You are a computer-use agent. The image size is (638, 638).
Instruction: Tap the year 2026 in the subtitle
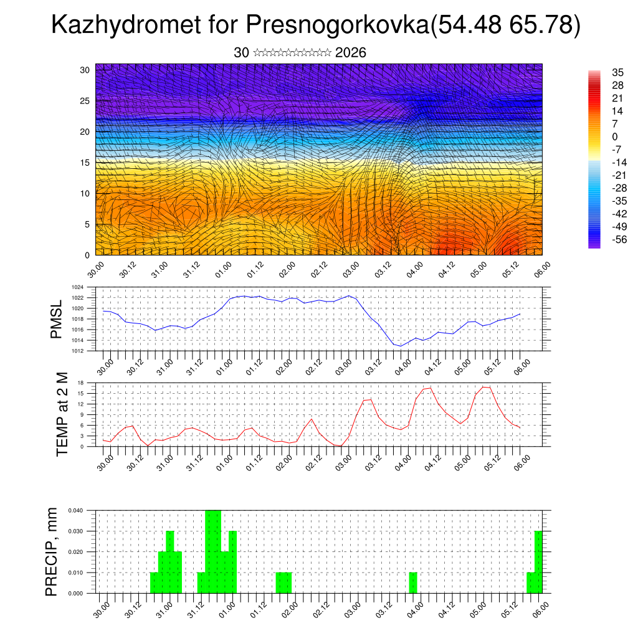coord(350,53)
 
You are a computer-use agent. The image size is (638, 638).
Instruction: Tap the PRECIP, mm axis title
coord(52,551)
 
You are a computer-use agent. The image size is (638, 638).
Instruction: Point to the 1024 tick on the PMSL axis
coord(77,287)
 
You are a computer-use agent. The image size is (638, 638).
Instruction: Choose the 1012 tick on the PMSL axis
coord(77,351)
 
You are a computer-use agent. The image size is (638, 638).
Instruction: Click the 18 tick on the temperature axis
coord(80,383)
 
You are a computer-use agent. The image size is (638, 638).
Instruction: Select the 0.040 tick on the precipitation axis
coord(75,510)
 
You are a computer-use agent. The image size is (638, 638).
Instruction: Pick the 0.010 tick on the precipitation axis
coord(75,573)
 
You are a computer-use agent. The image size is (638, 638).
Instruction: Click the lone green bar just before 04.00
coord(413,583)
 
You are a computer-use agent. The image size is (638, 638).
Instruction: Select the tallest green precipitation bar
coord(213,551)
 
